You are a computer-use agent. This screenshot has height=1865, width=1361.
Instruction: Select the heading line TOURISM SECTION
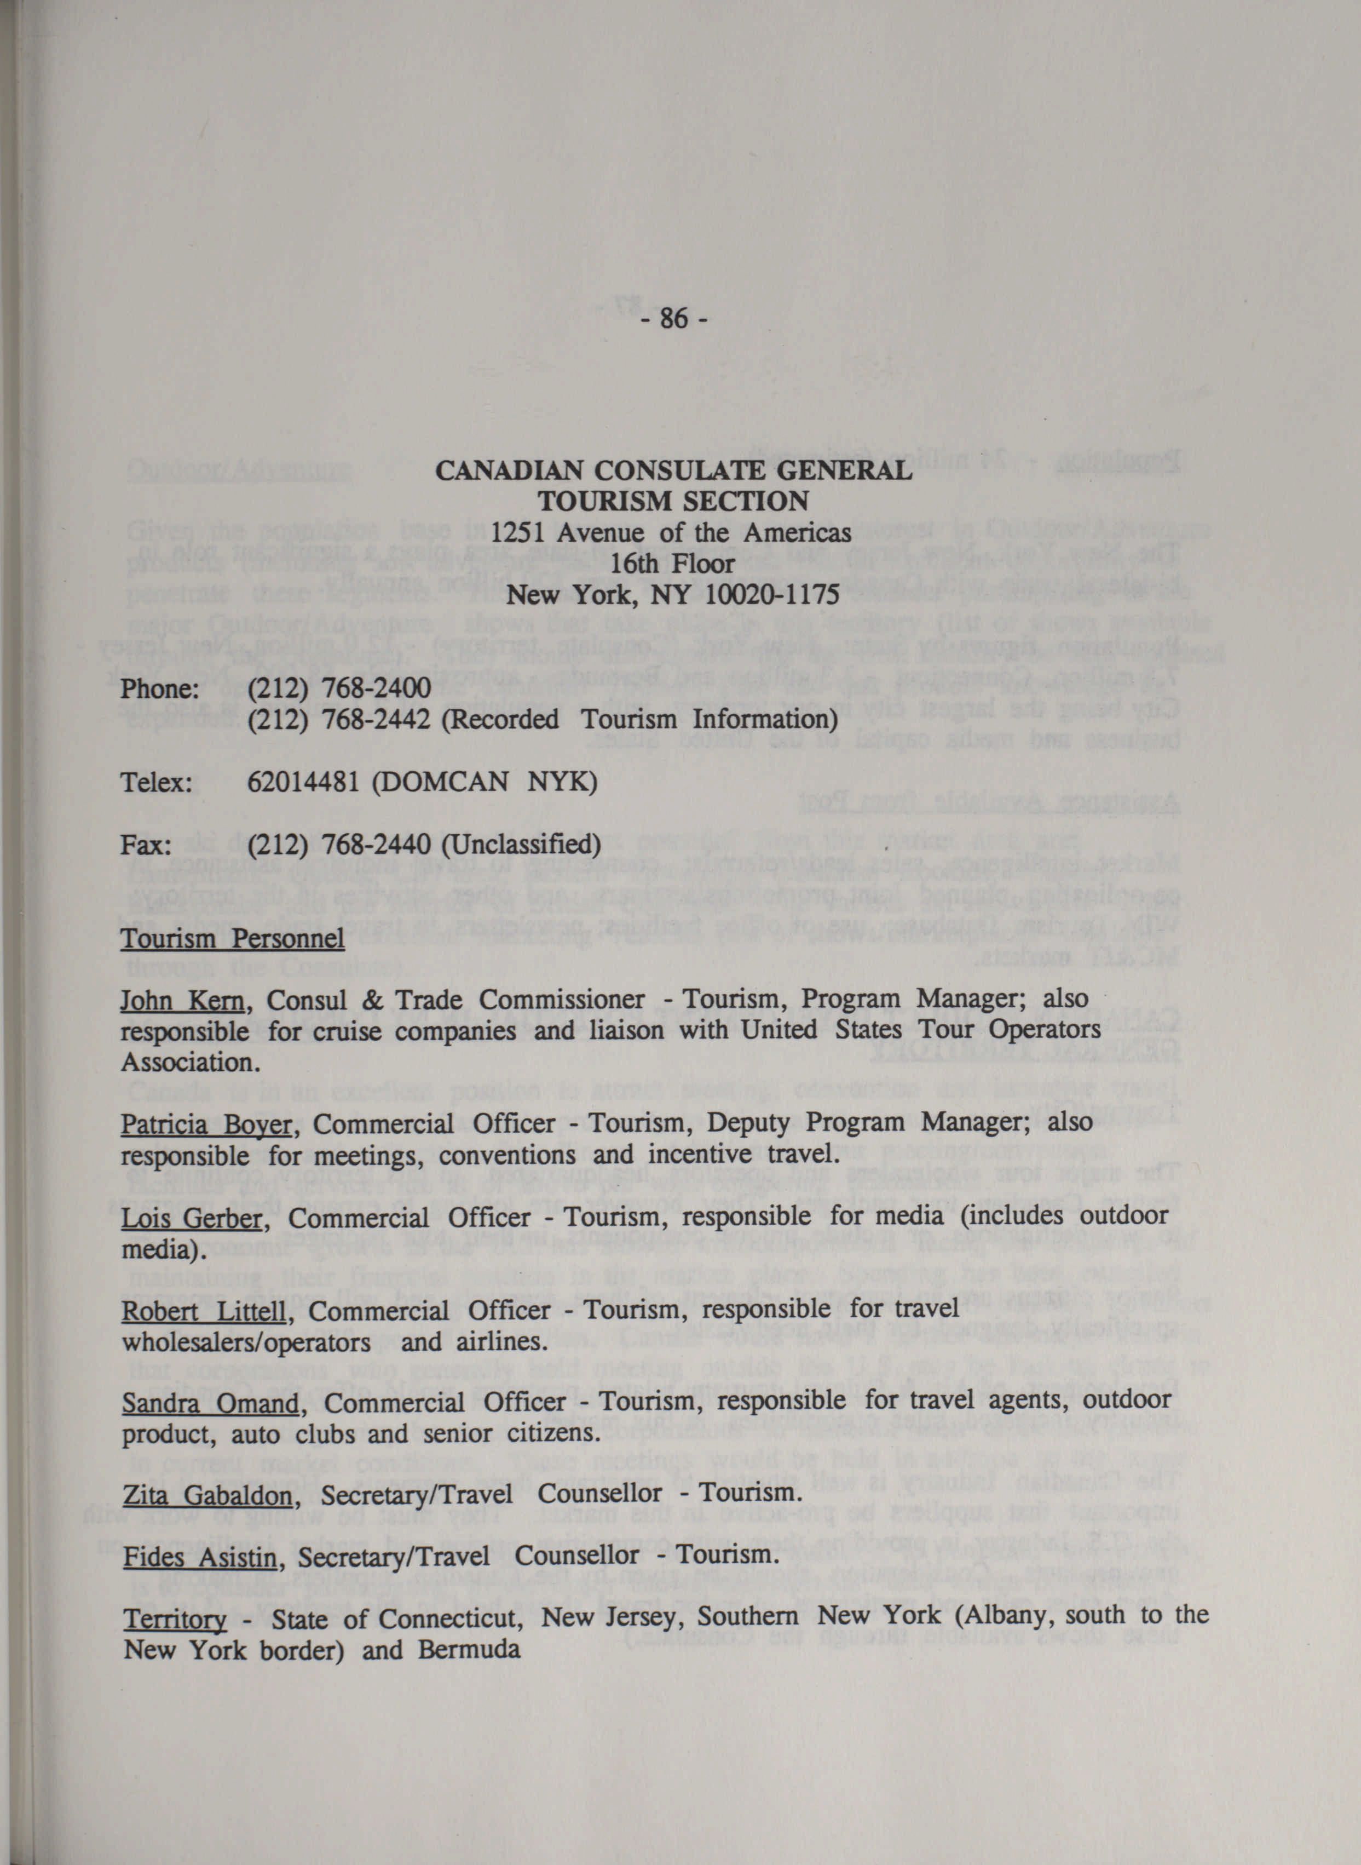[672, 501]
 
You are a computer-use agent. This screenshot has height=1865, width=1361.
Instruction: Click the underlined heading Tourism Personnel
[232, 939]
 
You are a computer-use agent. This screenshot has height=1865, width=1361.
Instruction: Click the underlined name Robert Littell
[203, 1310]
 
